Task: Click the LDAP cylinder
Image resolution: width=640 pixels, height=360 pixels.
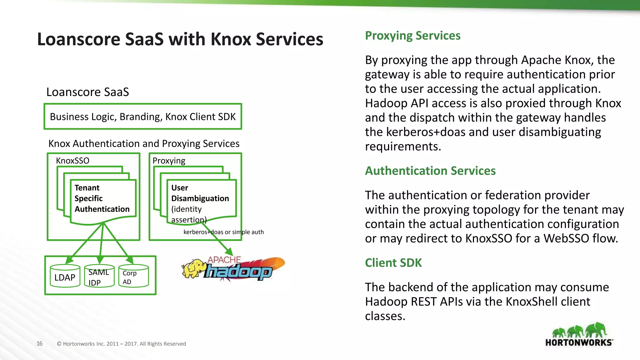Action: [x=65, y=276]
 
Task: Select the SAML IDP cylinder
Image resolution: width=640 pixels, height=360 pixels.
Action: [x=99, y=277]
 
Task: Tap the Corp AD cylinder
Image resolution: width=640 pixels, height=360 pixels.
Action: [x=133, y=276]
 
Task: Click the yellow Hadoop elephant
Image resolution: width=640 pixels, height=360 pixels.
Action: [x=194, y=268]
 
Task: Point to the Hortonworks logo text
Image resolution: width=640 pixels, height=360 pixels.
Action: [x=579, y=342]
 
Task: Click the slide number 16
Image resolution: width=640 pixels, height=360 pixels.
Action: [x=39, y=343]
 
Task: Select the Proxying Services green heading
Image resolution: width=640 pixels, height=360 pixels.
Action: [x=412, y=36]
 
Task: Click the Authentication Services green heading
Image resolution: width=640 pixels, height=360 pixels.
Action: [x=430, y=171]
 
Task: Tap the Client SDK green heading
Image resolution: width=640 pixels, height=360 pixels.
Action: [x=393, y=263]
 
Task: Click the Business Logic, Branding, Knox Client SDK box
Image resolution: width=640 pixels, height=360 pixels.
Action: [x=143, y=117]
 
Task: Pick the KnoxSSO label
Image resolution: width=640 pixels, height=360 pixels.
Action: [x=72, y=161]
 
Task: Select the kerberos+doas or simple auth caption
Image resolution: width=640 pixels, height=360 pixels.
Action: [x=223, y=232]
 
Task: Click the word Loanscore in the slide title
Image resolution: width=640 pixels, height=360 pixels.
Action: [x=78, y=39]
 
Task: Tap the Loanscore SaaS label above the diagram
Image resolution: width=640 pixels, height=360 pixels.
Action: [x=87, y=92]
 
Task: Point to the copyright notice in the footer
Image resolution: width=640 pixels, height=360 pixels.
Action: [x=121, y=344]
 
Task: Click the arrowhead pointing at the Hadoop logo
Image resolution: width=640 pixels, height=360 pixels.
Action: [x=229, y=252]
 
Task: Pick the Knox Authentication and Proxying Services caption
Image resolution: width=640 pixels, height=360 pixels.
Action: [x=144, y=143]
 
